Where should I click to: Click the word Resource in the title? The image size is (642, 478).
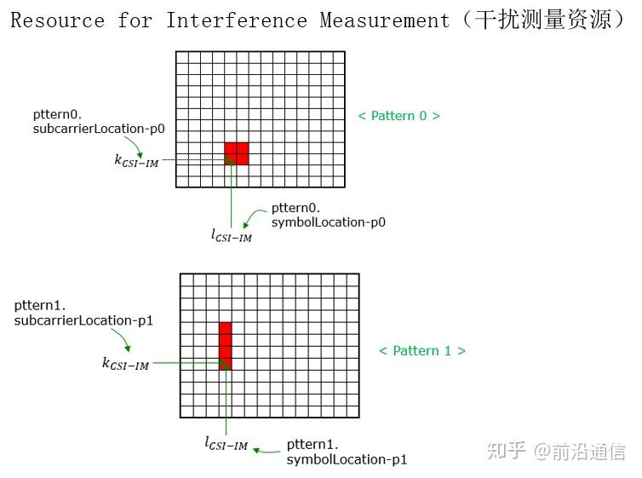click(x=58, y=20)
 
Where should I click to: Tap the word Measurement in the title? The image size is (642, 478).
click(x=384, y=20)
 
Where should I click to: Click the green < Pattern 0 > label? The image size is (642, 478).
click(x=398, y=115)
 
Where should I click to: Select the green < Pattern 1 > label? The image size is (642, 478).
click(x=422, y=350)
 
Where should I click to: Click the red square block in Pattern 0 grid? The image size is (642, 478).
click(x=237, y=153)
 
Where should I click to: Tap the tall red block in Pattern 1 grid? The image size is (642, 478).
click(x=225, y=345)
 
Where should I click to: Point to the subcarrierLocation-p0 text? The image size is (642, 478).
click(x=99, y=129)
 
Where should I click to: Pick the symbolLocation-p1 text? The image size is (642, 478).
click(x=347, y=460)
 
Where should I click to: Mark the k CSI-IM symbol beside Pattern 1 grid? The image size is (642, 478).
click(x=125, y=364)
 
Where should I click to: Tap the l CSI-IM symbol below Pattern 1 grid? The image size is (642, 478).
click(x=226, y=443)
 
